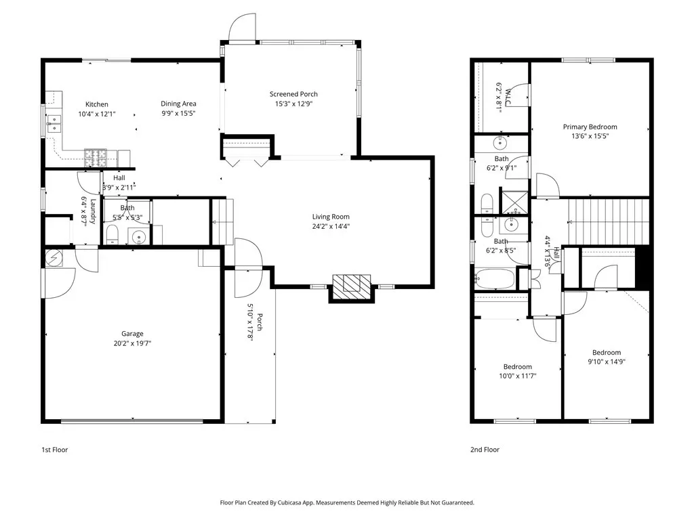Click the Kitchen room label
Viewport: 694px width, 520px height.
point(96,104)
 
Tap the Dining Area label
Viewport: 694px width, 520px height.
point(178,104)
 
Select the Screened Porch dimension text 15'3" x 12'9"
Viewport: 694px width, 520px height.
point(294,104)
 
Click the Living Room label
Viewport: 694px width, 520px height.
point(331,217)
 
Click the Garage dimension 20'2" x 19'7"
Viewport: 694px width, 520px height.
point(132,343)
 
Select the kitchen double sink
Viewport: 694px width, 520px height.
point(54,124)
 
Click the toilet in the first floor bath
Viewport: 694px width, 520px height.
point(112,235)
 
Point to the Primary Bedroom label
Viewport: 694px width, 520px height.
point(590,127)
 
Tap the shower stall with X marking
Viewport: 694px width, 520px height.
point(514,202)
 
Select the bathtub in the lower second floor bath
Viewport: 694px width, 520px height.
point(495,278)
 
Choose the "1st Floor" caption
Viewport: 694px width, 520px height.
point(55,450)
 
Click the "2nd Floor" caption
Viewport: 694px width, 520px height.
point(485,450)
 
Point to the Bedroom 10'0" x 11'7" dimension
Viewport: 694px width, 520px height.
point(518,376)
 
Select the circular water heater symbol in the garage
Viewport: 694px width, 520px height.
point(54,258)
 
